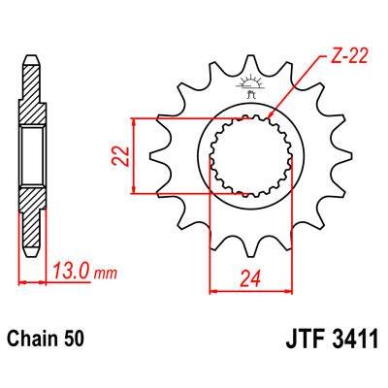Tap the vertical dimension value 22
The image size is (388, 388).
tap(120, 156)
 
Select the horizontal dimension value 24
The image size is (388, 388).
tap(250, 278)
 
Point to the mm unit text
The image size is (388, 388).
tap(105, 275)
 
